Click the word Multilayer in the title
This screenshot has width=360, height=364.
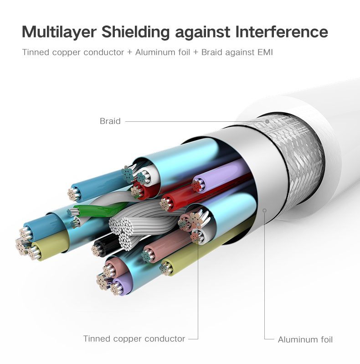(59, 32)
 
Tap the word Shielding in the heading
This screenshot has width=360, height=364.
(136, 32)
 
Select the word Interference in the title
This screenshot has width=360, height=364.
(281, 31)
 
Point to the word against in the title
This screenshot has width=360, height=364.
(202, 32)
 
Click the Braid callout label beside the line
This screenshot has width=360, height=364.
(110, 121)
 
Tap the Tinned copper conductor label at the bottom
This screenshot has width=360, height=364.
(134, 339)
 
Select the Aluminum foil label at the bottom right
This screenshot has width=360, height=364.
(305, 340)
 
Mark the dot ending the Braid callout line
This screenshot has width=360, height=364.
(267, 121)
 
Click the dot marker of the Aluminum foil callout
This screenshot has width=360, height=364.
(264, 211)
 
